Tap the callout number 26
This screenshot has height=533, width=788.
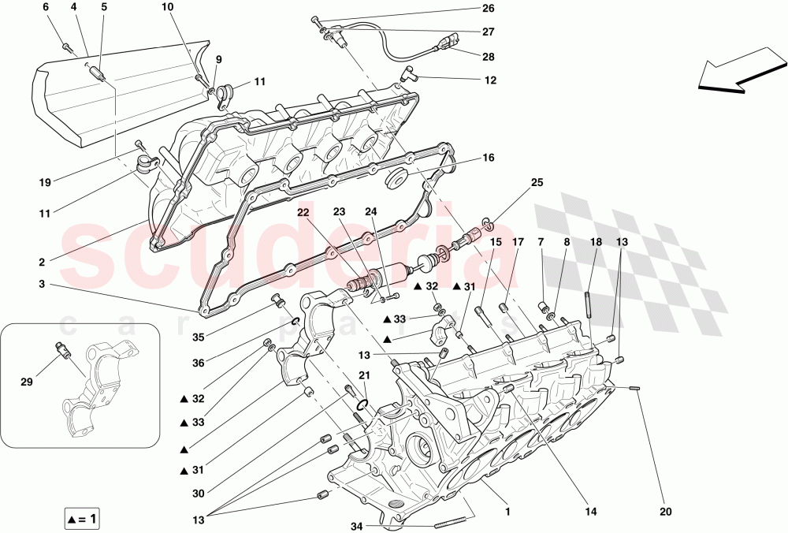tap(489, 9)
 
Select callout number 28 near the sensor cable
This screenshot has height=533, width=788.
tap(489, 57)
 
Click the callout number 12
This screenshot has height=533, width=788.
tap(490, 80)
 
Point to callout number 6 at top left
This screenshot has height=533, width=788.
tap(45, 7)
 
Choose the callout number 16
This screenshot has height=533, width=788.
tap(489, 158)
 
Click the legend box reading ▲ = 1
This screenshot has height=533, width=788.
tap(82, 520)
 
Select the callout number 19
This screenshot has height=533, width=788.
tap(46, 182)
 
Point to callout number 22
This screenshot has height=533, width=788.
tap(303, 213)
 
